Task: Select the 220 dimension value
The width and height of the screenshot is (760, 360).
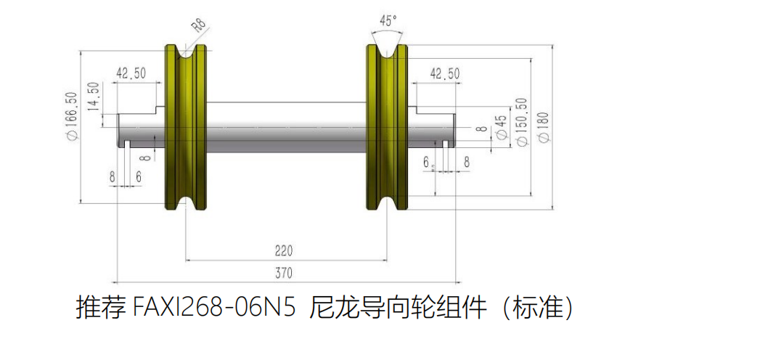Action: pos(284,250)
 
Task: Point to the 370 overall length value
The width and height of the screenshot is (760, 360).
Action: pos(284,273)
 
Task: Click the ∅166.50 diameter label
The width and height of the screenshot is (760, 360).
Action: pos(72,116)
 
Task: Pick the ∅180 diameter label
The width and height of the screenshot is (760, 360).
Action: pos(544,127)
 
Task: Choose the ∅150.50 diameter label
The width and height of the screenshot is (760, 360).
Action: pos(523,122)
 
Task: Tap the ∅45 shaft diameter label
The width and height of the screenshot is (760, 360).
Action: pos(502,128)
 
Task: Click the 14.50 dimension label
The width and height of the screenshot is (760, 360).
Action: pos(94,97)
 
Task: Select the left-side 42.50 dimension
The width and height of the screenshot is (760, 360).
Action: pos(131,73)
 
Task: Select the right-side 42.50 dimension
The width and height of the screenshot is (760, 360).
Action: pos(445,73)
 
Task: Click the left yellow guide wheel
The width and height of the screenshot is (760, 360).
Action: pos(186,128)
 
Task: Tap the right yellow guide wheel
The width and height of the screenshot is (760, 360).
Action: pos(387,128)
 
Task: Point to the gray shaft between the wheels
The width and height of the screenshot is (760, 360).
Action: pos(286,128)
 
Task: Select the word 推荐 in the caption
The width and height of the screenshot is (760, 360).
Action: pos(100,308)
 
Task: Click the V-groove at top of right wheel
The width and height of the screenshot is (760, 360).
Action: pos(387,52)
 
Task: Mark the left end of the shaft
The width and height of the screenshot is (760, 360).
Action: pos(118,130)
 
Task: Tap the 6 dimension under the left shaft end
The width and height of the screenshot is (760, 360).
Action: pos(139,177)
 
